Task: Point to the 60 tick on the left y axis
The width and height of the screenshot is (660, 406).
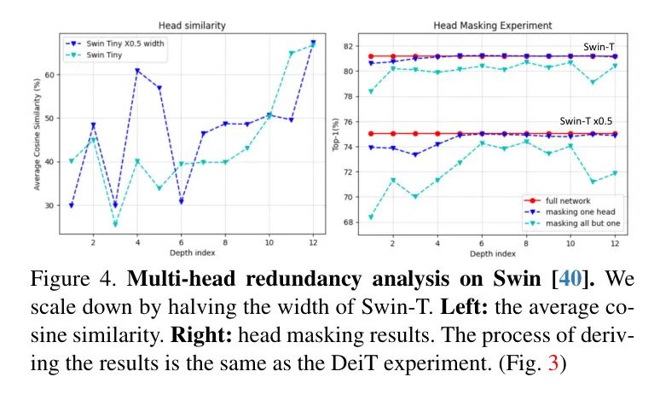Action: [50, 75]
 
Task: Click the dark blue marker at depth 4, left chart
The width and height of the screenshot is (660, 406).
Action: [137, 72]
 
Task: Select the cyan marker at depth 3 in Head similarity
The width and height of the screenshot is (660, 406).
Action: [115, 224]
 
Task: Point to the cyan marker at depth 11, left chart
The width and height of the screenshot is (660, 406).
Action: [291, 53]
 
